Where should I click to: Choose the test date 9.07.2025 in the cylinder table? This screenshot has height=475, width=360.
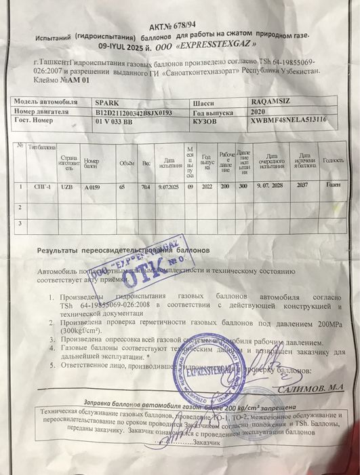pyautogui.click(x=167, y=185)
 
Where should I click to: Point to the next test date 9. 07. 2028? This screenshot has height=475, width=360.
pyautogui.click(x=270, y=185)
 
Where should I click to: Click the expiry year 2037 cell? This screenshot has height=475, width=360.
pyautogui.click(x=302, y=185)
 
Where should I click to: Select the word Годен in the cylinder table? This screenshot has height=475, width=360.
pyautogui.click(x=332, y=185)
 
